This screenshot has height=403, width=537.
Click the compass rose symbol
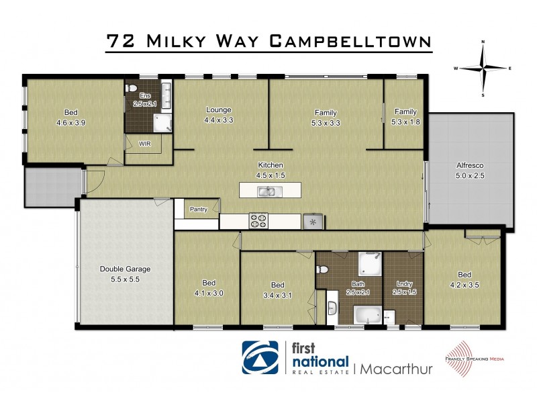coord(483,68)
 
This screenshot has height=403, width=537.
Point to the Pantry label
coord(199,209)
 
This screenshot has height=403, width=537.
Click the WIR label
coord(144,144)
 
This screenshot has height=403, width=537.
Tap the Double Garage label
coord(126,274)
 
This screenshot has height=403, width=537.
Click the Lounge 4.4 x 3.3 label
coord(219,115)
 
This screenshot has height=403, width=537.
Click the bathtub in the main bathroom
coord(368,314)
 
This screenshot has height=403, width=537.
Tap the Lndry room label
coord(403,287)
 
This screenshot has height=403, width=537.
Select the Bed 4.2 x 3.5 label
coord(464,279)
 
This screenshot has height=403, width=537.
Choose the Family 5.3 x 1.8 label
coord(405,116)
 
